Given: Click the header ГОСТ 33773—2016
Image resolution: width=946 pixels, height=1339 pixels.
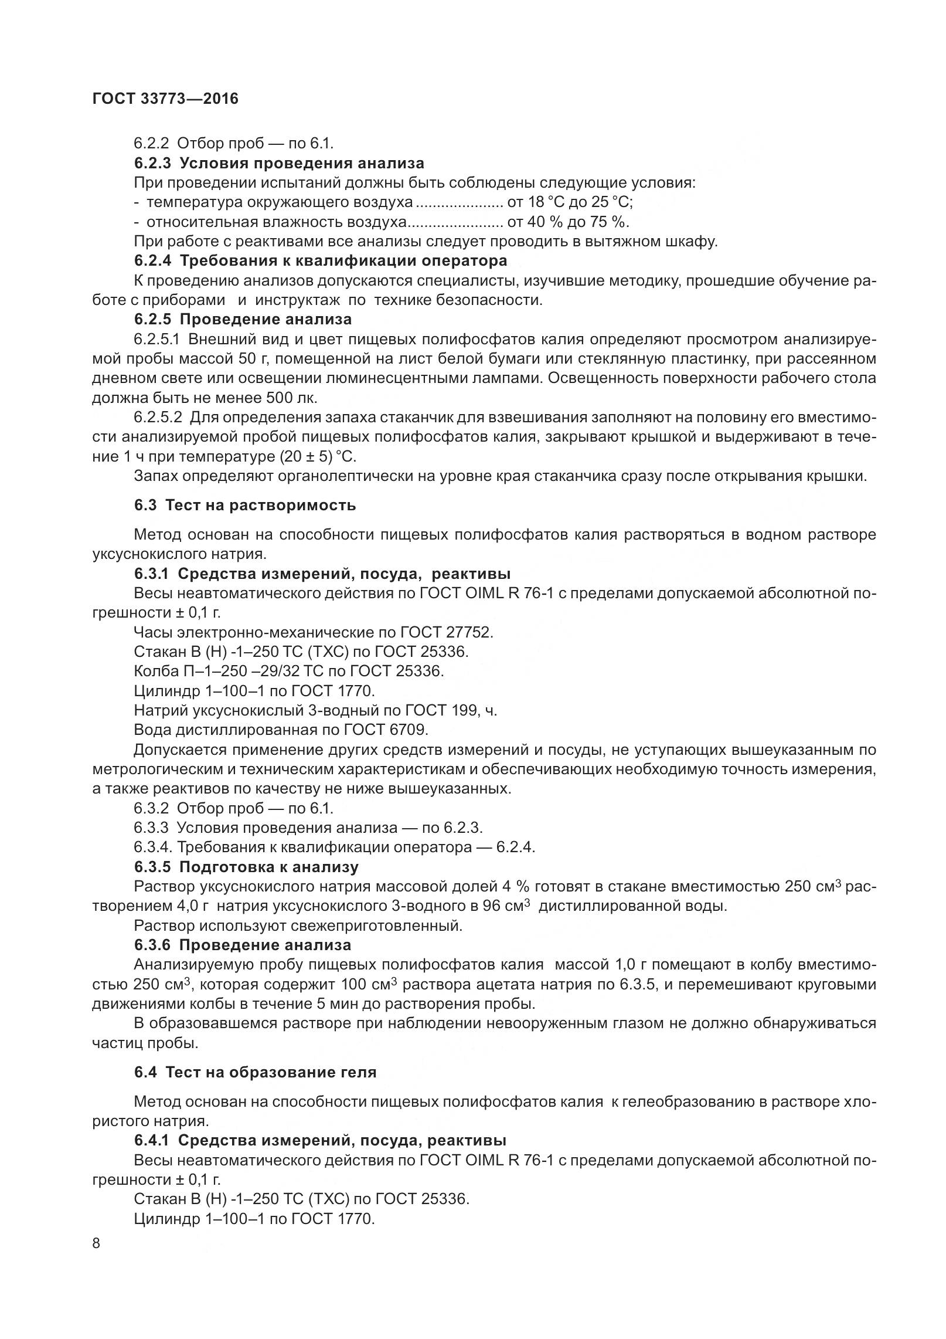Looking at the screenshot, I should coord(165,99).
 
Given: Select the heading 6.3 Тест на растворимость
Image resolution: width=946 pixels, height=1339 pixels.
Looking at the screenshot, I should coord(244,505).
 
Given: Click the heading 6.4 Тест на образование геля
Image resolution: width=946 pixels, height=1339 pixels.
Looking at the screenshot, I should coord(255,1072).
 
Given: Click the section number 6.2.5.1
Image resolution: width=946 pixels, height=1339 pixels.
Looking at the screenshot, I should coord(158,339).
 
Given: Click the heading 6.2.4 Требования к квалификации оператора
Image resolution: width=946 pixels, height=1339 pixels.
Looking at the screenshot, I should coord(320,260).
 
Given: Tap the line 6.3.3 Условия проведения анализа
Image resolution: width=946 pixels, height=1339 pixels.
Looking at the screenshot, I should coord(308,828).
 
